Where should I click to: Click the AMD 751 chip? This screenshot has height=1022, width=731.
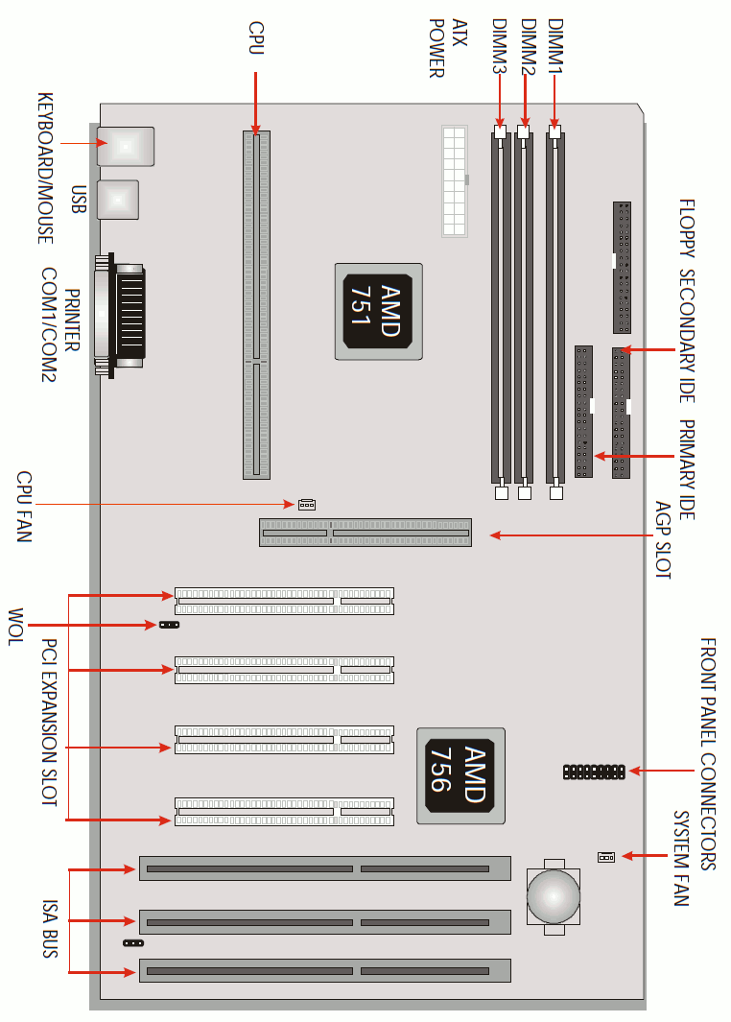pyautogui.click(x=379, y=312)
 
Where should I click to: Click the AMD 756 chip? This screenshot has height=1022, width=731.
pyautogui.click(x=460, y=775)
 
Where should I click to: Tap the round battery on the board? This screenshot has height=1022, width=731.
pyautogui.click(x=554, y=896)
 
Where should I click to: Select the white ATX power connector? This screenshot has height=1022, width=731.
pyautogui.click(x=455, y=181)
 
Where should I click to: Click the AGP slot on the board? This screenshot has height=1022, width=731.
pyautogui.click(x=365, y=533)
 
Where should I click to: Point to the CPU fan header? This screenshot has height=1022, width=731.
pyautogui.click(x=307, y=505)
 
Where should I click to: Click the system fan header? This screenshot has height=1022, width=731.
pyautogui.click(x=606, y=856)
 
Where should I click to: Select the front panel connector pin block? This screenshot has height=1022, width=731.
pyautogui.click(x=594, y=772)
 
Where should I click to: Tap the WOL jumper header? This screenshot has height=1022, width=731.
pyautogui.click(x=170, y=625)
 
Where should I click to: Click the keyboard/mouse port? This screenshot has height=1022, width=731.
pyautogui.click(x=126, y=147)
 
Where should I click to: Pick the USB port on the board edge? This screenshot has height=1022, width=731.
pyautogui.click(x=118, y=200)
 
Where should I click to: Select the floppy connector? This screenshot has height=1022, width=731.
pyautogui.click(x=622, y=268)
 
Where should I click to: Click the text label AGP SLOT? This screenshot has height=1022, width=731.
pyautogui.click(x=663, y=539)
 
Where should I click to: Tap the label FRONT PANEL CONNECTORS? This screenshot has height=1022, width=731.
pyautogui.click(x=708, y=753)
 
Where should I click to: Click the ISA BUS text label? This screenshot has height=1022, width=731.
pyautogui.click(x=50, y=928)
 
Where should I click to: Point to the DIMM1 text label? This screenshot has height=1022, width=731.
pyautogui.click(x=555, y=46)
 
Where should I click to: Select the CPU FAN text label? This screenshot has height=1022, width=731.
pyautogui.click(x=24, y=507)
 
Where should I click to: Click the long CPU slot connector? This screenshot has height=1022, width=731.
pyautogui.click(x=257, y=305)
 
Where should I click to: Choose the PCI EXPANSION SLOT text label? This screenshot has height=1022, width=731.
pyautogui.click(x=50, y=723)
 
